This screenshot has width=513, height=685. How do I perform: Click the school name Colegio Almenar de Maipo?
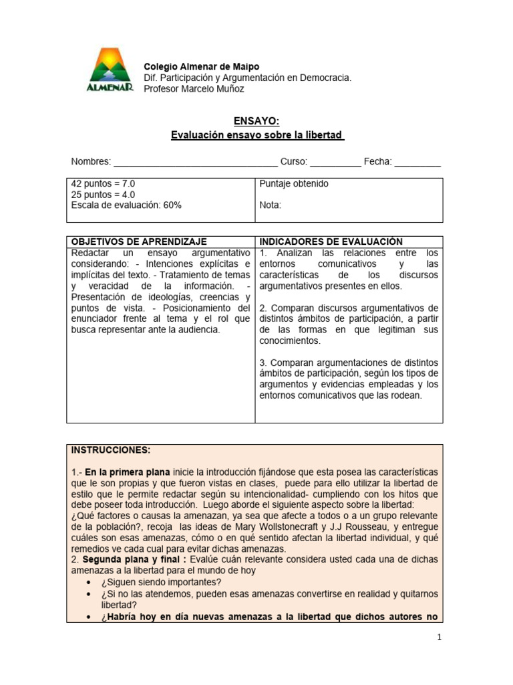pos(202,67)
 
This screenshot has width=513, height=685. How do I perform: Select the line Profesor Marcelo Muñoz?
pos(194,88)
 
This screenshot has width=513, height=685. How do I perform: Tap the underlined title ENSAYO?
pos(256,120)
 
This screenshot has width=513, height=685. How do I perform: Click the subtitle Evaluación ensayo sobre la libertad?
pos(257,135)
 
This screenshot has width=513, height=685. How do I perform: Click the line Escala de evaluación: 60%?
pos(126,205)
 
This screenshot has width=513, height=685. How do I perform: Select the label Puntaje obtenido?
pos(293,184)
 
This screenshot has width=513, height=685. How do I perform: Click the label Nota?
pos(271,205)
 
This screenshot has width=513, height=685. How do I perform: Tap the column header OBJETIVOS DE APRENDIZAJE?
pos(139,241)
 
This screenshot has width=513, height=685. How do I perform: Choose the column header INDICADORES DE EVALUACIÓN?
pos(331,241)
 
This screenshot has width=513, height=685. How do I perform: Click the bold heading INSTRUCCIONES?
pos(111,450)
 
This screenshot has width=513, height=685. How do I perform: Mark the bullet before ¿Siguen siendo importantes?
pos(89,582)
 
